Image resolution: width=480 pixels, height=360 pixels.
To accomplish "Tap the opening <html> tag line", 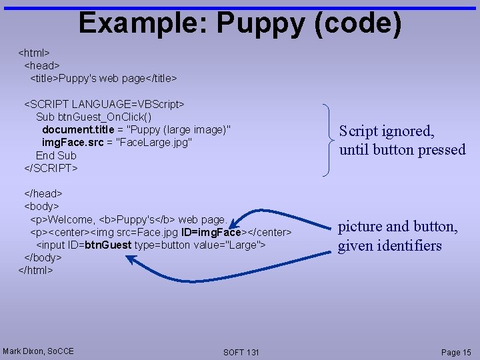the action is [x=34, y=53].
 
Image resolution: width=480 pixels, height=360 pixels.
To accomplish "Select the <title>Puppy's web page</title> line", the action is [x=103, y=79].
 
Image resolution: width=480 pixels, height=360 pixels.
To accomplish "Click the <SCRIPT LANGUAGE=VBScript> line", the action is [x=105, y=104].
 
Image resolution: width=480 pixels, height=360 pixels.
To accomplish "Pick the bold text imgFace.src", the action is [x=72, y=142].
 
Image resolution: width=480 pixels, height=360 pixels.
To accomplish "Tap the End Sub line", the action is [x=56, y=155].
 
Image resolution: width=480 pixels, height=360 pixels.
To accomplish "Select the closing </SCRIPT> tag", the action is [x=51, y=168].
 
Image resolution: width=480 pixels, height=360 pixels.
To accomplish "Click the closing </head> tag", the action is [x=43, y=193].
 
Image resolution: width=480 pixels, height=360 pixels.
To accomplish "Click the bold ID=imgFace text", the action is [x=214, y=232].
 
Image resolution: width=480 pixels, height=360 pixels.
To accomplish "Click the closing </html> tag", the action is [x=35, y=270].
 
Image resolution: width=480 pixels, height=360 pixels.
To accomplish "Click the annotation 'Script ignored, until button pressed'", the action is [x=402, y=141].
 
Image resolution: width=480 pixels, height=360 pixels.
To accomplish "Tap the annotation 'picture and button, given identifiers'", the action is [x=398, y=236].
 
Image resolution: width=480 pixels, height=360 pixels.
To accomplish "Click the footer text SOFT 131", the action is [x=241, y=352].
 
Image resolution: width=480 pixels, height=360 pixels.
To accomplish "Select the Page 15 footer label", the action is [x=456, y=352].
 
